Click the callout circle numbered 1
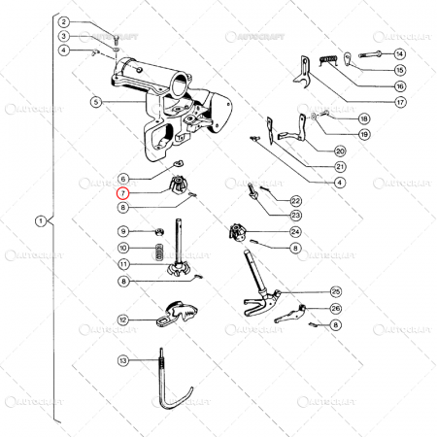pos(40,221)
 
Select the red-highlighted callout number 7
pos(123,193)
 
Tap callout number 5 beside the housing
pos(96,102)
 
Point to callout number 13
pos(123,360)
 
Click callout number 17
pos(399,101)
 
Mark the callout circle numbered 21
pos(340,166)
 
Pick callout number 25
pos(335,290)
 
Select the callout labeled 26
pos(335,309)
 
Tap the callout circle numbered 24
pos(294,232)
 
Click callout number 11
pos(123,264)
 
